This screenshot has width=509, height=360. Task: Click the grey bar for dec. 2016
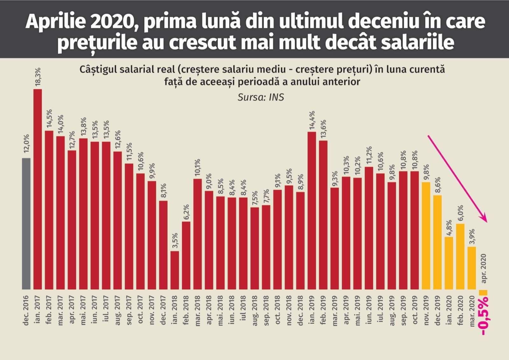pos(26,223)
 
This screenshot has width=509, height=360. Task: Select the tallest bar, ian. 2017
pos(38,189)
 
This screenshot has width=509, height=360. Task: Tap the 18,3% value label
pos(38,76)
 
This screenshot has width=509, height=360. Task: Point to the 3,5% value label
pos(175,241)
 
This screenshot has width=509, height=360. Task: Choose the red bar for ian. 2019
pos(312,210)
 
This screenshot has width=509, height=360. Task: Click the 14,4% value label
pos(312,120)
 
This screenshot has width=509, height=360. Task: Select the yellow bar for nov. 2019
pos(426,236)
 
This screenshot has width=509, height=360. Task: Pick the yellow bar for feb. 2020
pos(460,257)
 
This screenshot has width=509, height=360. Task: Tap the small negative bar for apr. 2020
pos(483,292)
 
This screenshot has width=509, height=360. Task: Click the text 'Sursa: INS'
pos(261,97)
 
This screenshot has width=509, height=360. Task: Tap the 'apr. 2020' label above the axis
pos(484,268)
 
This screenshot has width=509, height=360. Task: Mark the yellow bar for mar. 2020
pos(472,268)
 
